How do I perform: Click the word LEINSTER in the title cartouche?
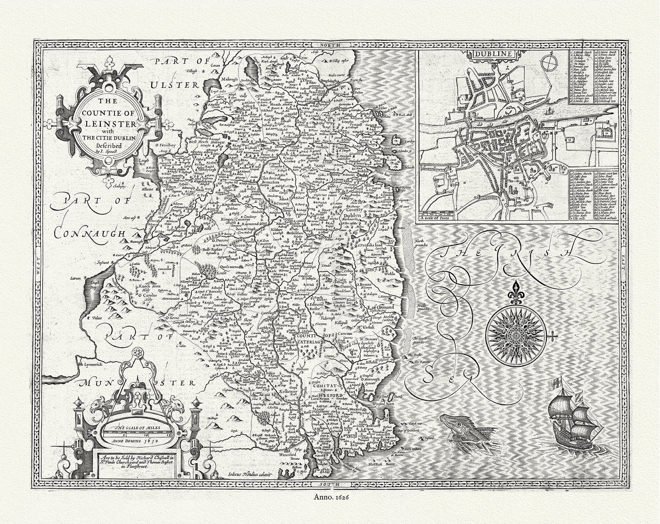(x=106, y=121)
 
